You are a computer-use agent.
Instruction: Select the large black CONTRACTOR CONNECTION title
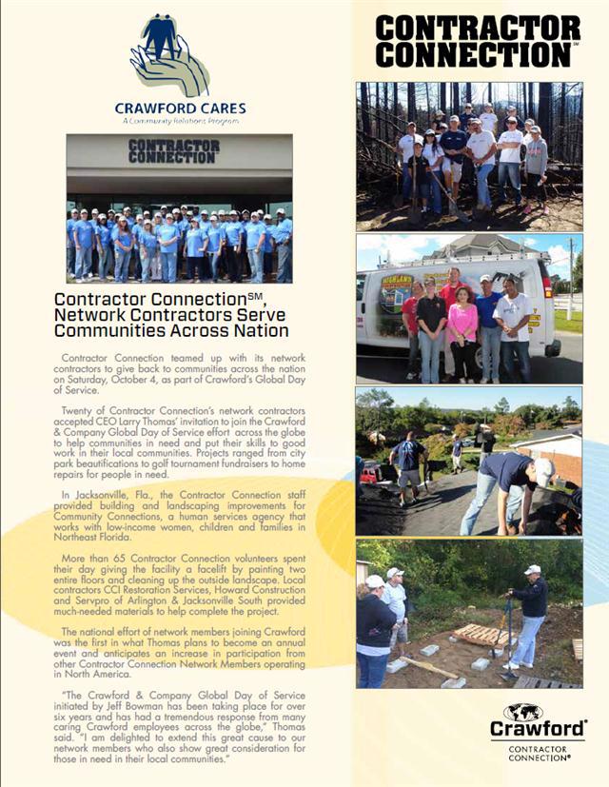477,41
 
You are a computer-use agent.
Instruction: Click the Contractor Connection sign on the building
173,150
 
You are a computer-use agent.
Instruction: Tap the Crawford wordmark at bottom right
538,728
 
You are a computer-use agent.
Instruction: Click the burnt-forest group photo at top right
468,156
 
